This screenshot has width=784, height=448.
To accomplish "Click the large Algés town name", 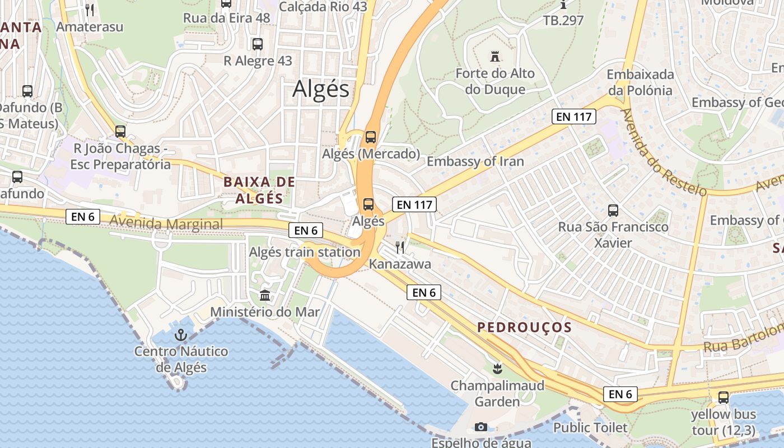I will click(321, 89).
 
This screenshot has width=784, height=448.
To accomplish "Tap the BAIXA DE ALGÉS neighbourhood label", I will click(259, 190).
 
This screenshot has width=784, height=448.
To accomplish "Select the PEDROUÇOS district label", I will click(524, 328).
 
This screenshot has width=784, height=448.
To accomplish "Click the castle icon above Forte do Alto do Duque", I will click(494, 57).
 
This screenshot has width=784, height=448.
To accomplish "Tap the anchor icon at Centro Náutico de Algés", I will click(181, 335).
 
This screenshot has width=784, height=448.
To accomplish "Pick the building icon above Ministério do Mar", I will click(265, 295).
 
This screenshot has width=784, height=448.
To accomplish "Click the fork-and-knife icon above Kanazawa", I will click(400, 247).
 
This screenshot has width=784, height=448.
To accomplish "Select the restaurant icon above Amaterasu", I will click(90, 10).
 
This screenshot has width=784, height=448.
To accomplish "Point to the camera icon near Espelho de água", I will click(480, 427).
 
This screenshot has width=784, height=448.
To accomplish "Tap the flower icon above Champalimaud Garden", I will click(497, 368).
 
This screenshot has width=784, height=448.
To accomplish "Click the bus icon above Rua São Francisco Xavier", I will click(613, 211).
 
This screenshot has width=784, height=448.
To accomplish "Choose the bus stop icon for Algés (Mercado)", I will click(370, 137).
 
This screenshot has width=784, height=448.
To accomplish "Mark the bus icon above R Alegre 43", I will click(258, 44).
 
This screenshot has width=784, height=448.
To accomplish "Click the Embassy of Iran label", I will click(475, 162).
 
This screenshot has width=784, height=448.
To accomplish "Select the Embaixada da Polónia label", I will click(640, 82).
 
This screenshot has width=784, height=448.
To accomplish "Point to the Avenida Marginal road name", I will click(166, 224).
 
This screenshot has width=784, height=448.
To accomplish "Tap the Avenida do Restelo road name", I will click(663, 151).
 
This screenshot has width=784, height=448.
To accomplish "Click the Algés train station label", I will click(305, 252).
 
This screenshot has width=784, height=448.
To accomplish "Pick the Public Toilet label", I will click(590, 428).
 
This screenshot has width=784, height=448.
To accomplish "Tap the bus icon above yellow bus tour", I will click(724, 398).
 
